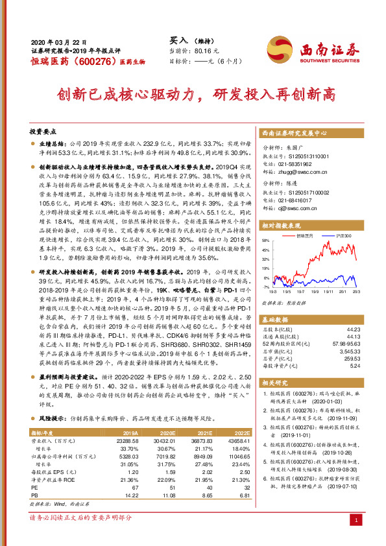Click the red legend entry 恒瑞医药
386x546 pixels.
tap(305, 235)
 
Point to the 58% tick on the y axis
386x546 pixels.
tap(265, 240)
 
